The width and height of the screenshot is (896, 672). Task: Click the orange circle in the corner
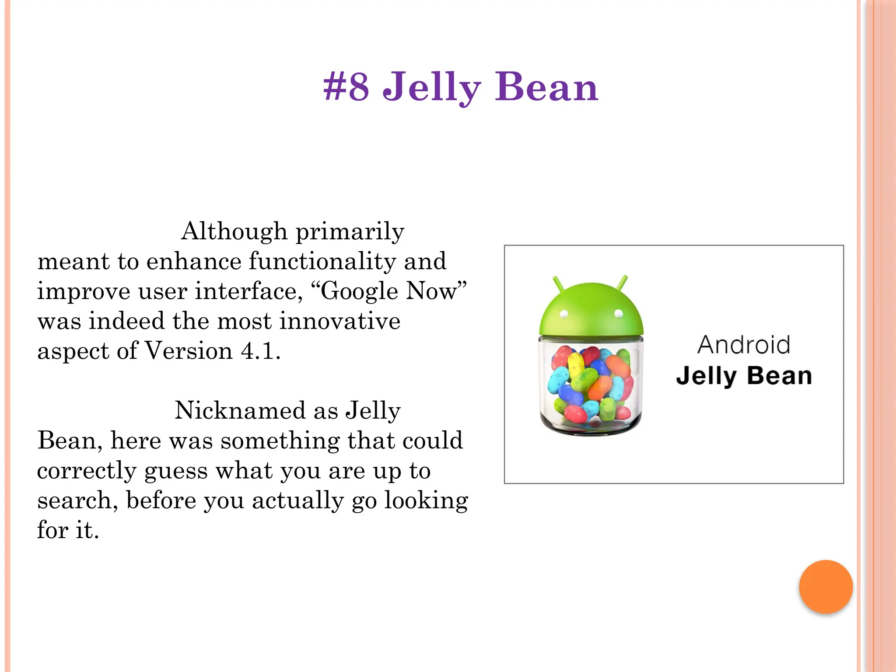point(826,587)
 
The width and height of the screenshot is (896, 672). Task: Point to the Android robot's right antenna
point(623,283)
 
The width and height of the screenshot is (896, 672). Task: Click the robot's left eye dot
point(564,313)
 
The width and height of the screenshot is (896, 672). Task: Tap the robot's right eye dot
point(619,313)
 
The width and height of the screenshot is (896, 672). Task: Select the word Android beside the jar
point(744,345)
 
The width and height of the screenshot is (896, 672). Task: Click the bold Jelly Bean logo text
point(744,376)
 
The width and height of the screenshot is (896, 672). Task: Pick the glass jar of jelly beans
point(591,385)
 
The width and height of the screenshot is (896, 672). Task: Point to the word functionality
point(322,261)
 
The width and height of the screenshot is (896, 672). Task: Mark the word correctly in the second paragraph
point(87,471)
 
